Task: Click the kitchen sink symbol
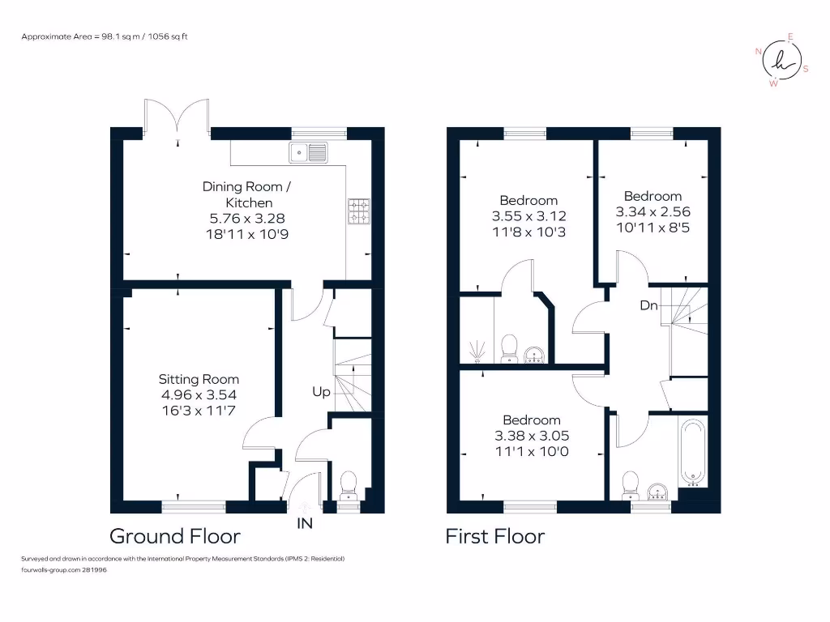(308, 151)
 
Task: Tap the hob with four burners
(358, 211)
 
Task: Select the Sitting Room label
(199, 379)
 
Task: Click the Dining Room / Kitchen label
(237, 194)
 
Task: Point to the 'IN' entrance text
(304, 524)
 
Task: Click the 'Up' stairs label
(321, 392)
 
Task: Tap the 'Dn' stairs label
(649, 305)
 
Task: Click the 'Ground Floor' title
(175, 536)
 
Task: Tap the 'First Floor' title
(495, 536)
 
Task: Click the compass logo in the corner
(781, 60)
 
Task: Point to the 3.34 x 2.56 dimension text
(652, 211)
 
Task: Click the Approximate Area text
(105, 36)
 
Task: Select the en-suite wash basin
(535, 355)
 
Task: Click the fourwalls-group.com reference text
(64, 570)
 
